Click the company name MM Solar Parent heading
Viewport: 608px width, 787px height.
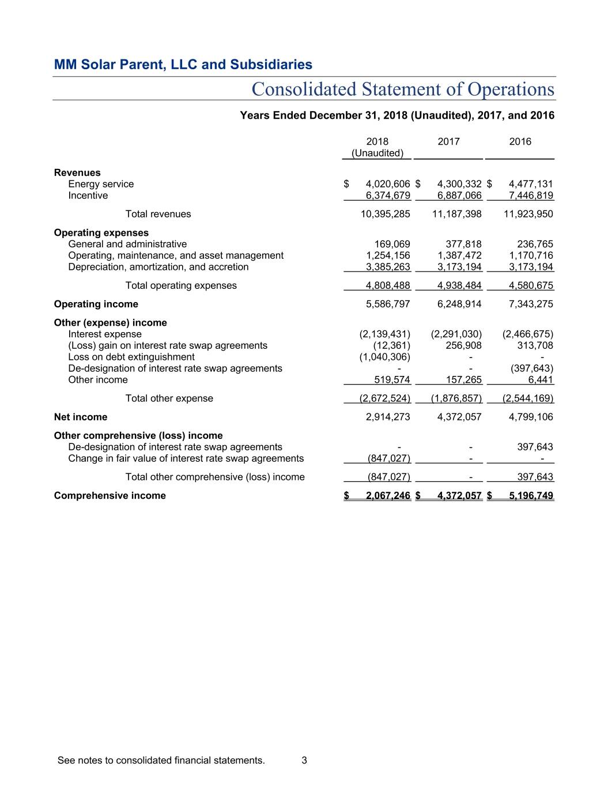(183, 65)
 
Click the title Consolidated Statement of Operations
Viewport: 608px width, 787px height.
(403, 89)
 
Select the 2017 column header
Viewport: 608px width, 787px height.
(448, 142)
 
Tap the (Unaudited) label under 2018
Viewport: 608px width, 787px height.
(377, 153)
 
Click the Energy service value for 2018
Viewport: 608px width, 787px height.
(388, 184)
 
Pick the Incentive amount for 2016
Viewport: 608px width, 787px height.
(531, 195)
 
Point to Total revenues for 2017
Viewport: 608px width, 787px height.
(457, 214)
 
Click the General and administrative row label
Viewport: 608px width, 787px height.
(127, 244)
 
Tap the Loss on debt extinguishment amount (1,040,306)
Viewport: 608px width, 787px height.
(384, 357)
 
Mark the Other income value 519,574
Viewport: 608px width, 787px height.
(392, 380)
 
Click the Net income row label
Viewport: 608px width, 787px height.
(81, 417)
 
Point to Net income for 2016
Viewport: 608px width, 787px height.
(531, 417)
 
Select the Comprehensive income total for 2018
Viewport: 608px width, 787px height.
(388, 495)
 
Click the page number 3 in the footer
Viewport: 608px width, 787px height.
(304, 760)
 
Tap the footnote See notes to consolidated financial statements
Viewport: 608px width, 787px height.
(161, 760)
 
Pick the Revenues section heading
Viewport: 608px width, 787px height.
(77, 172)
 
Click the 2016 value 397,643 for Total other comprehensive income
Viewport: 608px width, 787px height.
(535, 477)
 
